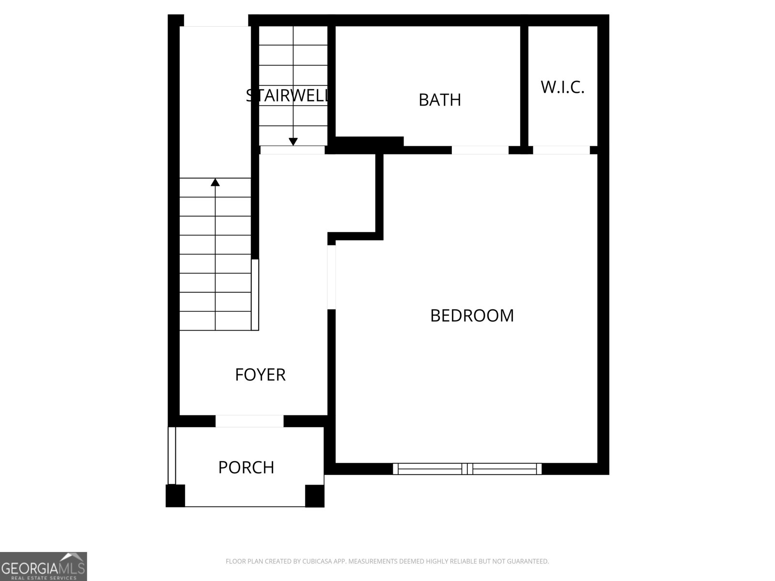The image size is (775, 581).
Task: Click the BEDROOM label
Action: (x=472, y=316)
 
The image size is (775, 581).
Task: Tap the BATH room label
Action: (x=439, y=100)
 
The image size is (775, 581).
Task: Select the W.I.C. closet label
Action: (x=562, y=87)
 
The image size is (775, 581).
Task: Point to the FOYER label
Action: (x=260, y=375)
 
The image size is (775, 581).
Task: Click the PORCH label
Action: (x=246, y=467)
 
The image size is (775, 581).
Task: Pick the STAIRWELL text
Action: (x=288, y=95)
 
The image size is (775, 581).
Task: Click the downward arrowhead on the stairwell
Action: (x=293, y=141)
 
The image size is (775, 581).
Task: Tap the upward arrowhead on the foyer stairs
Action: (x=215, y=182)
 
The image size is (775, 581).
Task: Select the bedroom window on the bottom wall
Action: (x=467, y=469)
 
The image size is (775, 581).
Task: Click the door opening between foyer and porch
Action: (x=249, y=421)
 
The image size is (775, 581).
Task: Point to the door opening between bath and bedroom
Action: (x=480, y=150)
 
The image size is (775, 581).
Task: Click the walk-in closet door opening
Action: (x=561, y=150)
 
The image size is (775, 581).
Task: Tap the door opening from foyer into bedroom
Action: (x=331, y=277)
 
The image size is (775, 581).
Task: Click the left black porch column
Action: (x=175, y=496)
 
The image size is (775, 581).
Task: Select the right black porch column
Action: (x=314, y=496)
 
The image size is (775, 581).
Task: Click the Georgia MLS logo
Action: (x=43, y=566)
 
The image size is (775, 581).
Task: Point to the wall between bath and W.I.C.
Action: (x=524, y=85)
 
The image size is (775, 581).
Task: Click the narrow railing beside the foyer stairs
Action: (x=255, y=294)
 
